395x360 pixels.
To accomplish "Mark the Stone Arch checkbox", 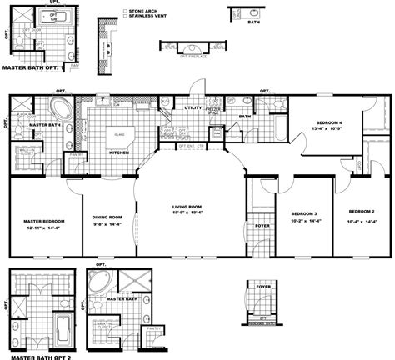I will [x=124, y=8].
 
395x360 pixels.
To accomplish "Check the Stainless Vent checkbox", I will [x=124, y=14].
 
